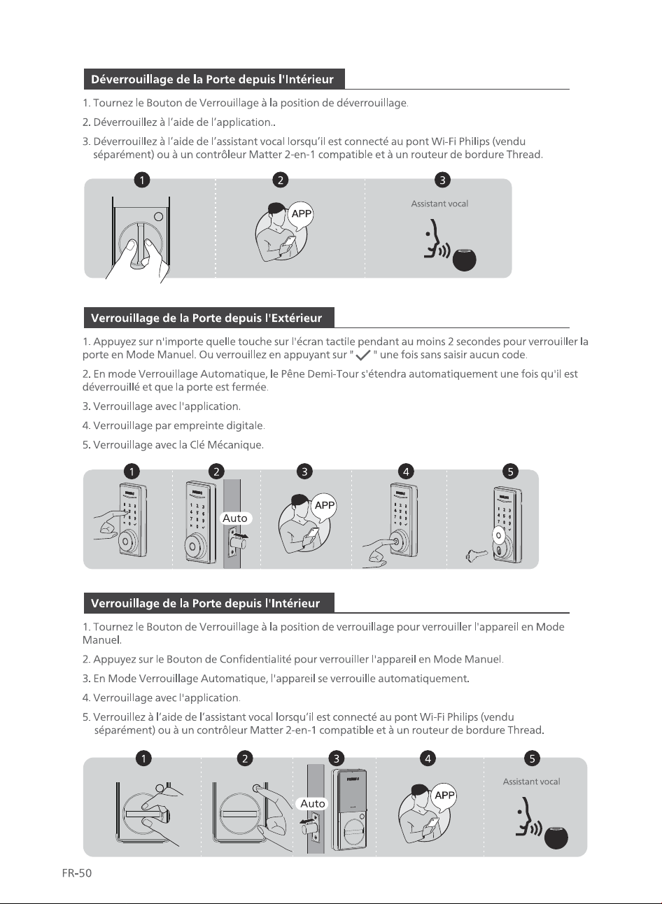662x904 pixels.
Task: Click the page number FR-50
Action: [x=77, y=873]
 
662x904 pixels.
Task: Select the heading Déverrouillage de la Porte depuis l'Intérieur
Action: [x=212, y=79]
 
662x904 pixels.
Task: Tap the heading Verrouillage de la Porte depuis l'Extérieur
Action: [x=206, y=318]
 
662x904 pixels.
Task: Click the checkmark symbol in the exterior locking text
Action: [x=363, y=355]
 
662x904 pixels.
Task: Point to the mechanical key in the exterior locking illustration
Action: [x=477, y=556]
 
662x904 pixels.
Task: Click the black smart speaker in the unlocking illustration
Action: [x=464, y=260]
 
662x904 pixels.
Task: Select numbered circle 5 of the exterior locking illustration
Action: [x=510, y=472]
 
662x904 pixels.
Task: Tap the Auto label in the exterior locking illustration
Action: [x=235, y=518]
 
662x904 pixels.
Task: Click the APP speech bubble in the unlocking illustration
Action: [x=301, y=215]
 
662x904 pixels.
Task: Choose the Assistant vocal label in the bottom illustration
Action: [x=531, y=782]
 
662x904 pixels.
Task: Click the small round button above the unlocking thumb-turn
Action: [x=159, y=217]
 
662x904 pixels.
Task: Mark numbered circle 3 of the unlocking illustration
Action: [x=442, y=180]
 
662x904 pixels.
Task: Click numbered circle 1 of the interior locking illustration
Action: [x=143, y=758]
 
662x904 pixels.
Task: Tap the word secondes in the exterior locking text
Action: [x=478, y=342]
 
